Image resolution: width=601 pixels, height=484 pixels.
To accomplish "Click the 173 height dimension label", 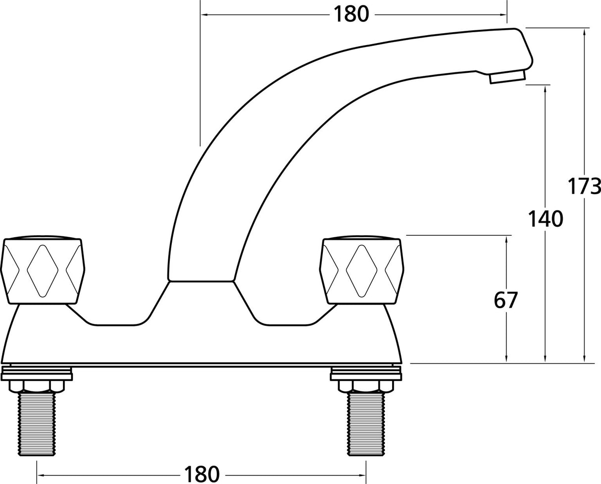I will coord(584,187).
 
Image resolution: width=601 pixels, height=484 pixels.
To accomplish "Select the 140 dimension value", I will coord(545,219).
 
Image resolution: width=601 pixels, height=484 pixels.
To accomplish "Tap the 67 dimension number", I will coord(506,300).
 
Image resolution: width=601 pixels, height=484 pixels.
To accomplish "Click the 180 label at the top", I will coord(351,14).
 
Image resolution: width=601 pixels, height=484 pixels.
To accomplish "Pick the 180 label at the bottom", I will coord(201,474).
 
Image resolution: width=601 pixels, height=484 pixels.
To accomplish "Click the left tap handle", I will coord(43,270).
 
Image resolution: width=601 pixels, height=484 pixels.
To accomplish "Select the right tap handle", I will coord(361,270).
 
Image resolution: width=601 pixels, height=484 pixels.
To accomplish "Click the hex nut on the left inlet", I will coord(37,385).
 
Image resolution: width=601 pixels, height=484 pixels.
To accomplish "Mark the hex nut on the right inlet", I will coord(366,385).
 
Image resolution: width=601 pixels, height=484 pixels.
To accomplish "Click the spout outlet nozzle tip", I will coord(507,77).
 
